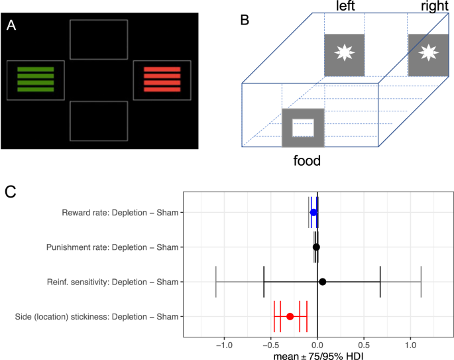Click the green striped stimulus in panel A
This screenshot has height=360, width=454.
36,80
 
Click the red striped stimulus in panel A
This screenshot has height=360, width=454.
162,80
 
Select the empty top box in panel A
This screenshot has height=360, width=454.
99,40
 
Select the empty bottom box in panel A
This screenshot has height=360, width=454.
99,121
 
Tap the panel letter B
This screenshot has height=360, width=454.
245,19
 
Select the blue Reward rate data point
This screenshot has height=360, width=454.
313,212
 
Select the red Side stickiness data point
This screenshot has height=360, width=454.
290,316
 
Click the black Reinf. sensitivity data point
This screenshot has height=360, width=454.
323,282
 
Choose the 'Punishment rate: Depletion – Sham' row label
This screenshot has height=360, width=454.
112,247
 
